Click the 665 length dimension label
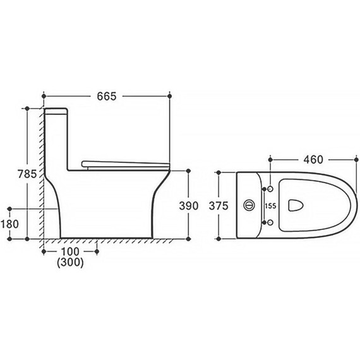click(107, 97)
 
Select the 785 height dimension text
click(27, 174)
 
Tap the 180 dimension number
click(9, 224)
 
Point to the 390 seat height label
click(189, 206)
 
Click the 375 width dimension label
click(219, 206)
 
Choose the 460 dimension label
click(313, 160)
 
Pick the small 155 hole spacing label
click(270, 206)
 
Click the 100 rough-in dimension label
click(70, 251)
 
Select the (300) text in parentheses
click(70, 263)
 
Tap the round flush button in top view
click(249, 205)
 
